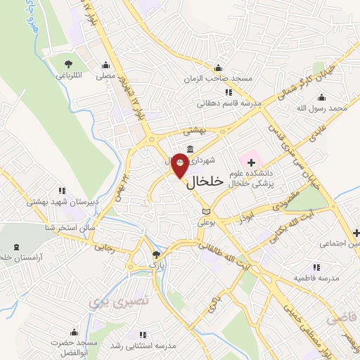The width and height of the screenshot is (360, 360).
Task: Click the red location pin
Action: coord(180,165)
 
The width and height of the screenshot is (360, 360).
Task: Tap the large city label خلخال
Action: coord(205,181)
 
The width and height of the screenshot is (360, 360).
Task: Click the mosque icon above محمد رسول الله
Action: coord(323,98)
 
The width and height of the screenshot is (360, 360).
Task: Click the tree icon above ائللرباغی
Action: coord(68,64)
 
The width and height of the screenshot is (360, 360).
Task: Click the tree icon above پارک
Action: coord(157,255)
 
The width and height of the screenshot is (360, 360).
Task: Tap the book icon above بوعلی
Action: coord(205,211)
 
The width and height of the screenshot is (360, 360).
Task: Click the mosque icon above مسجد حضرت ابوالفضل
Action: coord(73,333)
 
